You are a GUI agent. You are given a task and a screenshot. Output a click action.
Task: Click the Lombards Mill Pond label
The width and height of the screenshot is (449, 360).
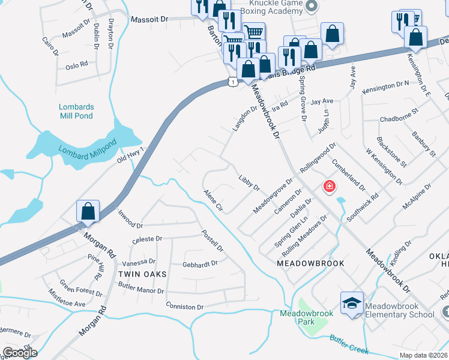point(76,111)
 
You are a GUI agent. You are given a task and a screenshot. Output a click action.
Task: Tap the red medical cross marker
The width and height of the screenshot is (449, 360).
point(329,187)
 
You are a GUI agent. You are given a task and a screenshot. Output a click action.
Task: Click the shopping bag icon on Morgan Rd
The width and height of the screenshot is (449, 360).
point(88,211)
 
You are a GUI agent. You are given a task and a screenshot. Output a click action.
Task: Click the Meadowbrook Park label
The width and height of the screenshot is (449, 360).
point(297,317)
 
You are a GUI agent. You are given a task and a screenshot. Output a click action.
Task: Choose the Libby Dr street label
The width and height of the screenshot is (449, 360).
point(249,183)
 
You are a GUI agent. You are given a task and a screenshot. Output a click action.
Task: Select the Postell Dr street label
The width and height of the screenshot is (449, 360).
point(212,241)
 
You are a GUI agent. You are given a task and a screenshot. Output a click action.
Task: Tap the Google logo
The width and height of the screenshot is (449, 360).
point(20,352)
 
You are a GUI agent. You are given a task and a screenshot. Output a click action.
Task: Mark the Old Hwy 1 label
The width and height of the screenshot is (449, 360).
point(131,154)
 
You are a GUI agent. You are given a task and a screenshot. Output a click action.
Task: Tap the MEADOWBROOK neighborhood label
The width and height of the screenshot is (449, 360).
point(310,263)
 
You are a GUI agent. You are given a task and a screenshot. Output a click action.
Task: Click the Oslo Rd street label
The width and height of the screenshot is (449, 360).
point(77,63)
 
